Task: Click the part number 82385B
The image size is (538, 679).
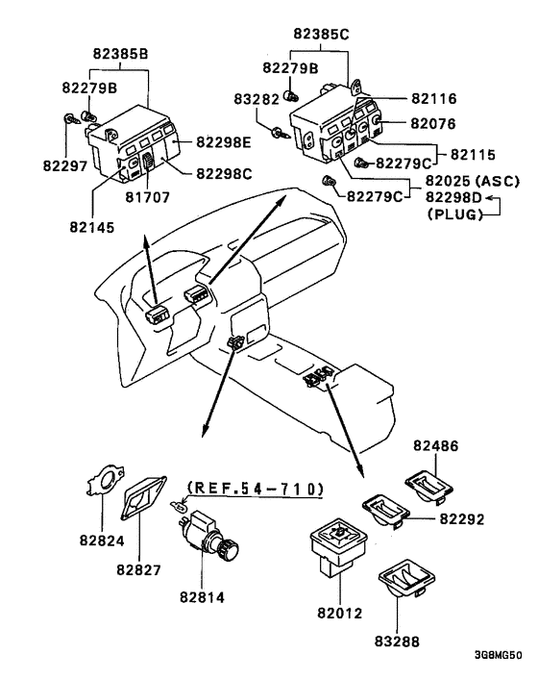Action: pos(121,54)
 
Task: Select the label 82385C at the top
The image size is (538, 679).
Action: pos(321,34)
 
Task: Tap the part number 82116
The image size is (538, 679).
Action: pos(434,99)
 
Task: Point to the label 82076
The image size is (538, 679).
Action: pos(433,124)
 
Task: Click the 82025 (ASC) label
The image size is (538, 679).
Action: pos(473,181)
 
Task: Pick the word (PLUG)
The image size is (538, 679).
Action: pos(455,214)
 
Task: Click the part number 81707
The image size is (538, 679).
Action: pos(148,197)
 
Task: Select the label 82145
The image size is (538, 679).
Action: pos(92,227)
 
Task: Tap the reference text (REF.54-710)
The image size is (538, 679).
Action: pos(256,489)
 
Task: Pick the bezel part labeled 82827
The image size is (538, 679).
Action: pos(144,496)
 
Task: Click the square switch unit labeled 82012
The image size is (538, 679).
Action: pos(338,546)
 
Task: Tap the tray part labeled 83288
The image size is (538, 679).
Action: pos(406,583)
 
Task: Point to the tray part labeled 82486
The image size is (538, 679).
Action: pos(429,487)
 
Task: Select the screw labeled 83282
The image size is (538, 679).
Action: pos(281,133)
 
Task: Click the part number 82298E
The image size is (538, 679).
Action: pos(224,142)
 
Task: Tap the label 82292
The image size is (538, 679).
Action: pos(462,518)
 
